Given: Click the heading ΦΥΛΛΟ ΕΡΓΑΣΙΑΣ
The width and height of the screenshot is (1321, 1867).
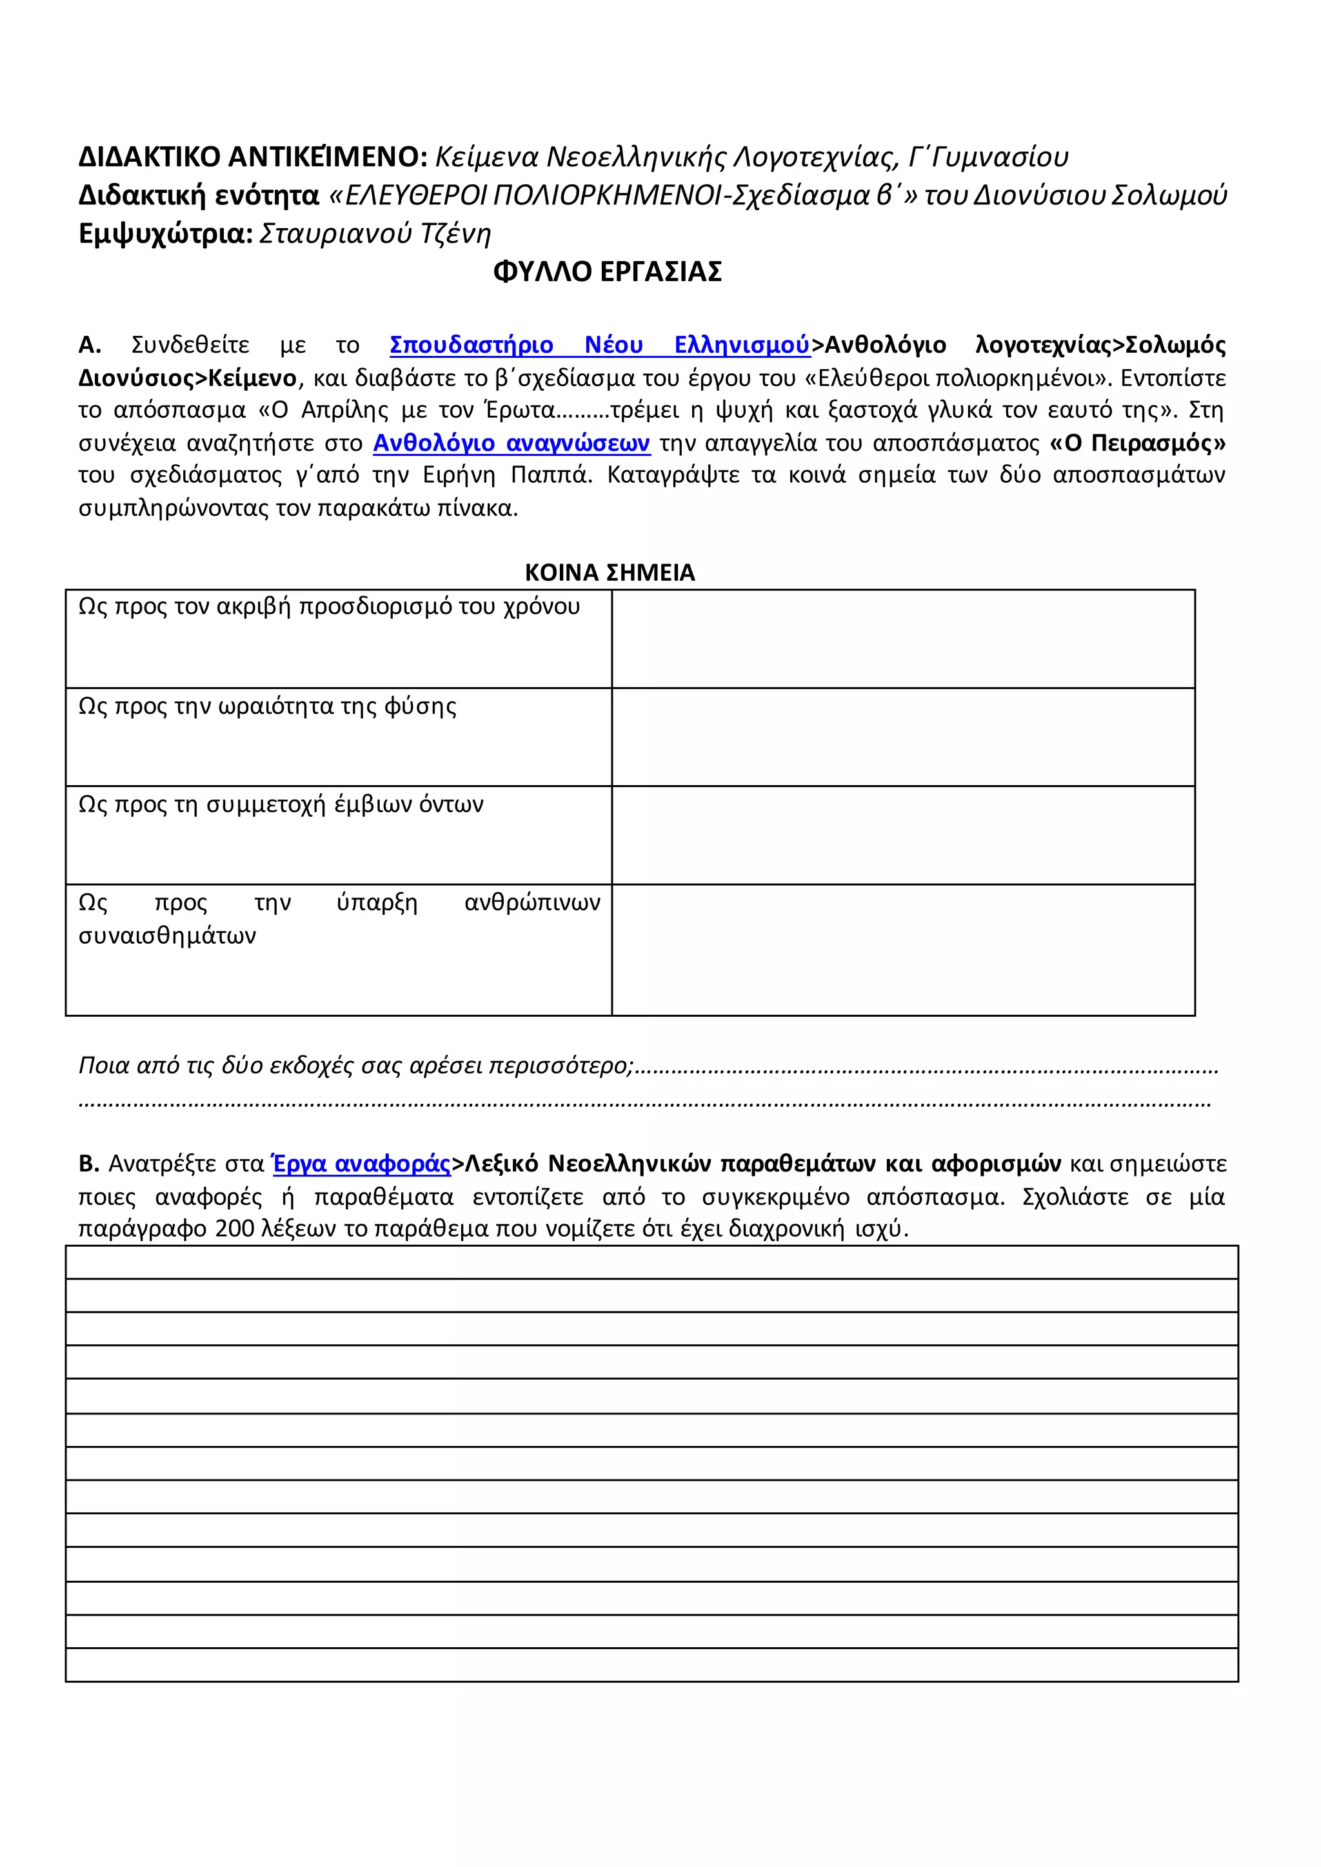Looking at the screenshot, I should coord(607,271).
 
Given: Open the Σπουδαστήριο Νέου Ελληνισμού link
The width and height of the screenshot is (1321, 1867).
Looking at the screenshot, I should coord(599,345).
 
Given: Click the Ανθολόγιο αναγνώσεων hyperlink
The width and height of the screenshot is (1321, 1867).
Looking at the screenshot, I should coord(511,443).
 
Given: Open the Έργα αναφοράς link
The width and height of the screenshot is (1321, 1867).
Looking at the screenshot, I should coord(361,1164).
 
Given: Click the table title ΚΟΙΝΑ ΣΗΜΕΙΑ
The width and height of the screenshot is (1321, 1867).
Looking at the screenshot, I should coord(610,572).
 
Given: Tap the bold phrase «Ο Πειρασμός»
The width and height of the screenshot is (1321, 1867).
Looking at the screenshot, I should coord(1137,443).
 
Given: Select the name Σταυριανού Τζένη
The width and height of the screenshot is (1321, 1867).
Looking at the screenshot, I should coord(375,233).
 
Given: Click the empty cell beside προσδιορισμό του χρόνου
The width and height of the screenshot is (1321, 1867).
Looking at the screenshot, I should coord(903,638).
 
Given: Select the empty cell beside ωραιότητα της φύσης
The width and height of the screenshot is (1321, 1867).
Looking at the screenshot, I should coord(903,737).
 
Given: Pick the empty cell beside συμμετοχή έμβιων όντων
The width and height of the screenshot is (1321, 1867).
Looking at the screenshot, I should coord(903,835).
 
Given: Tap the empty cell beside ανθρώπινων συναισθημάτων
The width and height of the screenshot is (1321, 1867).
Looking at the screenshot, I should coord(903,950).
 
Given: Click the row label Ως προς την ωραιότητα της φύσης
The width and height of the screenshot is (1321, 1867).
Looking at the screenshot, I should coord(267,706).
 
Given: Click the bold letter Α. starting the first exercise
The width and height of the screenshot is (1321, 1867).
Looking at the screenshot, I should coord(90,345).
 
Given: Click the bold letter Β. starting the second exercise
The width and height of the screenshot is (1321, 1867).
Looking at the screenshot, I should coord(88,1164).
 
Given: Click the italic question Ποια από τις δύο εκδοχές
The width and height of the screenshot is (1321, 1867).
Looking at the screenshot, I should coord(355,1064).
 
